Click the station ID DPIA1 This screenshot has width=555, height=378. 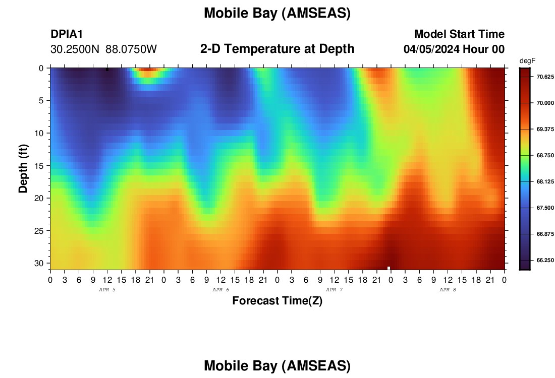67,34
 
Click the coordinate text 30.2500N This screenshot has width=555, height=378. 75,49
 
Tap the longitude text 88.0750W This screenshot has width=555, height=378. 131,49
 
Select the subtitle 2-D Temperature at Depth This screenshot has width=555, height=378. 277,49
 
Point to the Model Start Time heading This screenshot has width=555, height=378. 460,34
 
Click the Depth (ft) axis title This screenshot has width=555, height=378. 23,168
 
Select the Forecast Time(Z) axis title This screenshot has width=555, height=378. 277,300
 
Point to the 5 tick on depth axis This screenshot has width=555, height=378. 41,101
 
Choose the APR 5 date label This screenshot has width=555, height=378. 107,290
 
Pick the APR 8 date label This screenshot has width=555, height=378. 448,290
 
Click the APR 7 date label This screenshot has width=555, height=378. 334,290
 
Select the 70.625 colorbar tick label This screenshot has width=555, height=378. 545,77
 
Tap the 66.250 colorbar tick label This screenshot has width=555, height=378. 545,260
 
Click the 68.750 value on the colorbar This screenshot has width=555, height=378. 545,156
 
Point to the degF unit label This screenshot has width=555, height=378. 527,61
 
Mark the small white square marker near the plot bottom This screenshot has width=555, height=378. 388,268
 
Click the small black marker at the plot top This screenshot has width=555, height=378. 107,70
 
